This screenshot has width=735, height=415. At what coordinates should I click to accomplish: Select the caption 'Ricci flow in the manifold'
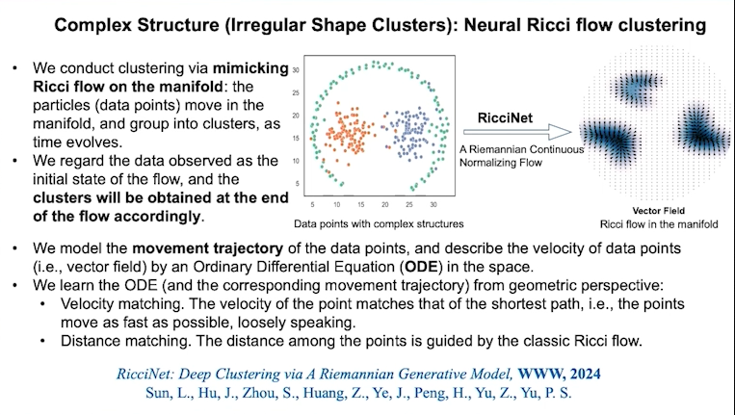[x=659, y=224]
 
